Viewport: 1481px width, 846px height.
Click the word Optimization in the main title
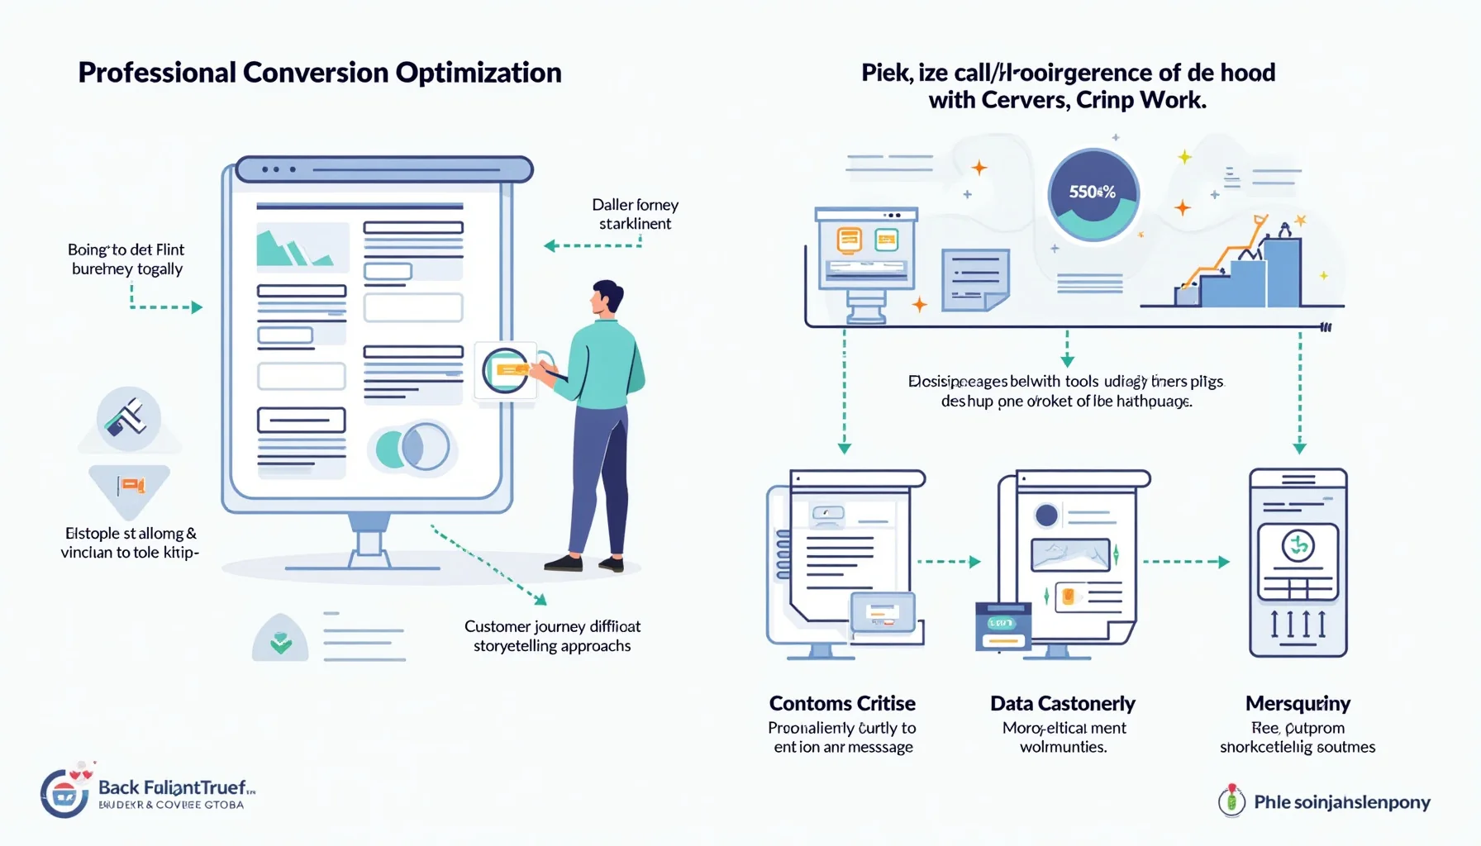coord(479,73)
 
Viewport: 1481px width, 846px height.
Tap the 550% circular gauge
coord(1093,194)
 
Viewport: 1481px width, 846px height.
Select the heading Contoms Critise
coord(842,703)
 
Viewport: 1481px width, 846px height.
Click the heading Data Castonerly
coord(1063,703)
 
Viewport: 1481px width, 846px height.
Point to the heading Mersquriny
coord(1298,703)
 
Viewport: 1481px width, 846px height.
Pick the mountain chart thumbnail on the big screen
coord(302,247)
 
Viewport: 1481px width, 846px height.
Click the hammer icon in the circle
coord(128,418)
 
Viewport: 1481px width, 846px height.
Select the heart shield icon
coord(281,641)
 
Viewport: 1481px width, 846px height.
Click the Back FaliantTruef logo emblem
coord(64,793)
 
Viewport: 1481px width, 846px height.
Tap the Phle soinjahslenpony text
coord(1341,802)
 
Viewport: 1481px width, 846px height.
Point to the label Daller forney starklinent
coord(635,214)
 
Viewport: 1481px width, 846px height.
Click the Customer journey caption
coord(552,636)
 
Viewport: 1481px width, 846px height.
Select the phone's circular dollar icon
coord(1298,545)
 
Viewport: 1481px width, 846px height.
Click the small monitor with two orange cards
coord(866,247)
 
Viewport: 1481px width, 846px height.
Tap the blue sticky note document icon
coord(975,279)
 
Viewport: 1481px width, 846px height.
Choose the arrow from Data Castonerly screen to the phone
coord(1186,562)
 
